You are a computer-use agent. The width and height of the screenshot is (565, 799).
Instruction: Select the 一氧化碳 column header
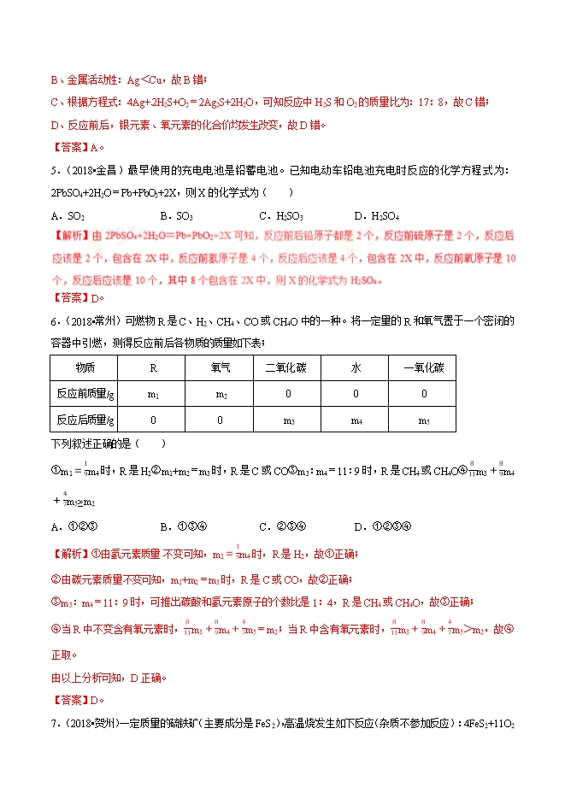pyautogui.click(x=424, y=367)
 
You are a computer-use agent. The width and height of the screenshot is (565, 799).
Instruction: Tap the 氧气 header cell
pyautogui.click(x=220, y=367)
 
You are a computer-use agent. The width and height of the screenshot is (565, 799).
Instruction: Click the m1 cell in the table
pyautogui.click(x=153, y=394)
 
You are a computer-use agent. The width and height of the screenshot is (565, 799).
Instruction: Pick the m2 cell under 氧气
pyautogui.click(x=220, y=394)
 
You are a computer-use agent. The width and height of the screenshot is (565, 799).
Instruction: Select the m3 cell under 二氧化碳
pyautogui.click(x=287, y=420)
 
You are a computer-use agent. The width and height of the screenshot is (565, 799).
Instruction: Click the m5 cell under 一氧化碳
pyautogui.click(x=424, y=420)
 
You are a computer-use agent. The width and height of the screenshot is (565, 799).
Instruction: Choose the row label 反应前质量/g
pyautogui.click(x=85, y=394)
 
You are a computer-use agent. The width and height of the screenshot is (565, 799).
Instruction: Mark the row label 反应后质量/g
pyautogui.click(x=85, y=420)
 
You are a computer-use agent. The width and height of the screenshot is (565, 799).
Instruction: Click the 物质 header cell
pyautogui.click(x=85, y=367)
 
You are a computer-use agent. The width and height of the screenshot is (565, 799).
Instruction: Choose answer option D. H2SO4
pyautogui.click(x=377, y=215)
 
